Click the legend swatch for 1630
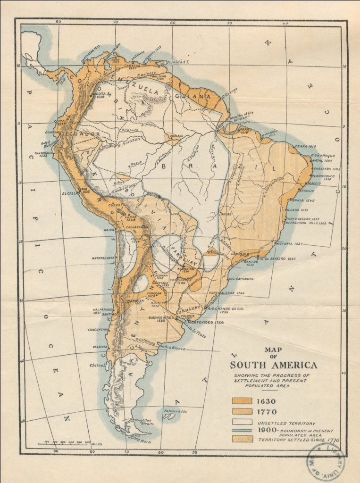point(242,402)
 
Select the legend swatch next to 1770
point(242,412)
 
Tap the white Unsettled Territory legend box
point(242,423)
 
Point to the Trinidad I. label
point(179,62)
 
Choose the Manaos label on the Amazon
point(176,135)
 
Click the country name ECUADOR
point(86,134)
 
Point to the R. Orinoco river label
point(147,74)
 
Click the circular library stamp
point(325,462)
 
